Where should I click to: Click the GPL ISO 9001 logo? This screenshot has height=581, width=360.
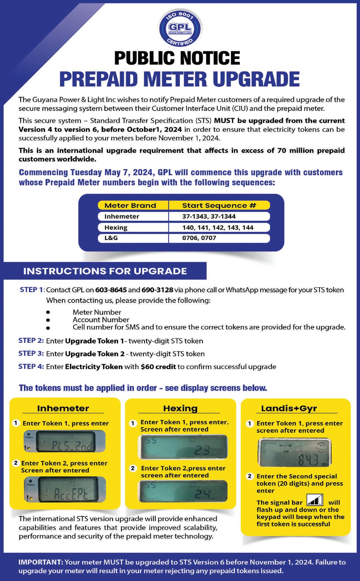tap(180, 27)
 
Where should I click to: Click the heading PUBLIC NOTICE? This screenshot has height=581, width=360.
tap(177, 58)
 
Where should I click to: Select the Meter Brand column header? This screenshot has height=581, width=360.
tap(130, 206)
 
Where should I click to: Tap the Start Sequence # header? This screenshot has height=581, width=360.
tap(219, 206)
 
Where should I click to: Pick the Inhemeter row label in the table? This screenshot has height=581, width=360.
tap(122, 217)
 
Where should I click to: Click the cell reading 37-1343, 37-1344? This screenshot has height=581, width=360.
tap(209, 217)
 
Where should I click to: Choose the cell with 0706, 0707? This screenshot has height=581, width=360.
tap(199, 238)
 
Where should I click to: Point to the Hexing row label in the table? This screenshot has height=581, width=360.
tap(116, 228)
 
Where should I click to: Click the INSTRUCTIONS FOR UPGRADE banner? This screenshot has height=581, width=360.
tap(105, 271)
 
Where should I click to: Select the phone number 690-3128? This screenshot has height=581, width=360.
tap(157, 290)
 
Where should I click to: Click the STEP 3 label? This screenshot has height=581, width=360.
tap(31, 353)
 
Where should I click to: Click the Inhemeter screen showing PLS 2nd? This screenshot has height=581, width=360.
tap(65, 441)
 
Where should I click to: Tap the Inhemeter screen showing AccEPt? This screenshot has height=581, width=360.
tap(65, 489)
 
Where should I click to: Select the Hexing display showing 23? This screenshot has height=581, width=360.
tap(183, 447)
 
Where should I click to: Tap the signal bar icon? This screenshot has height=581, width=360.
tap(315, 500)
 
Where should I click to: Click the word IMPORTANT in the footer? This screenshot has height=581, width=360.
tap(40, 562)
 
